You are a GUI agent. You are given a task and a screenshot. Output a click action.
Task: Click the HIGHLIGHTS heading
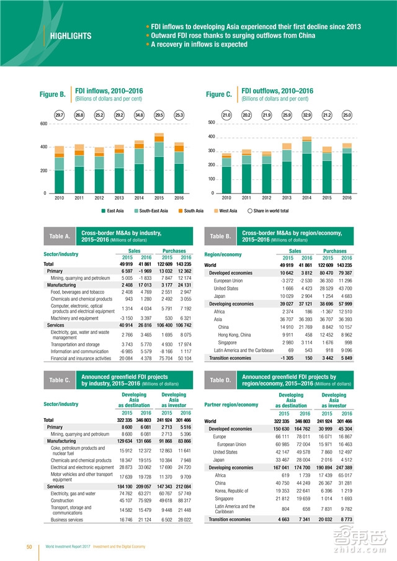click(70, 36)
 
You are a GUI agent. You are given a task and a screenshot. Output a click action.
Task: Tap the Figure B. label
click(53, 94)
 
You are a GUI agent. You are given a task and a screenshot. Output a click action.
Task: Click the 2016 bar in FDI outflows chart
click(347, 169)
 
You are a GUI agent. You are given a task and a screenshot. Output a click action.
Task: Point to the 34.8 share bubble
click(139, 115)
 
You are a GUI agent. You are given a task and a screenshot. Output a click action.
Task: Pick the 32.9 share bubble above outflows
click(306, 115)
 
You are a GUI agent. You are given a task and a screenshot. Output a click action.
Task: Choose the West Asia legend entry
click(230, 211)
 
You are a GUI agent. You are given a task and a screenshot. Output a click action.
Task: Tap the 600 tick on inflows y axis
click(43, 123)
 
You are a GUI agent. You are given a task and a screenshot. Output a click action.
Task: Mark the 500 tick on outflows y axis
click(211, 122)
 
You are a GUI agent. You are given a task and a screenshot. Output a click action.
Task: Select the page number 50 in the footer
click(29, 547)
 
